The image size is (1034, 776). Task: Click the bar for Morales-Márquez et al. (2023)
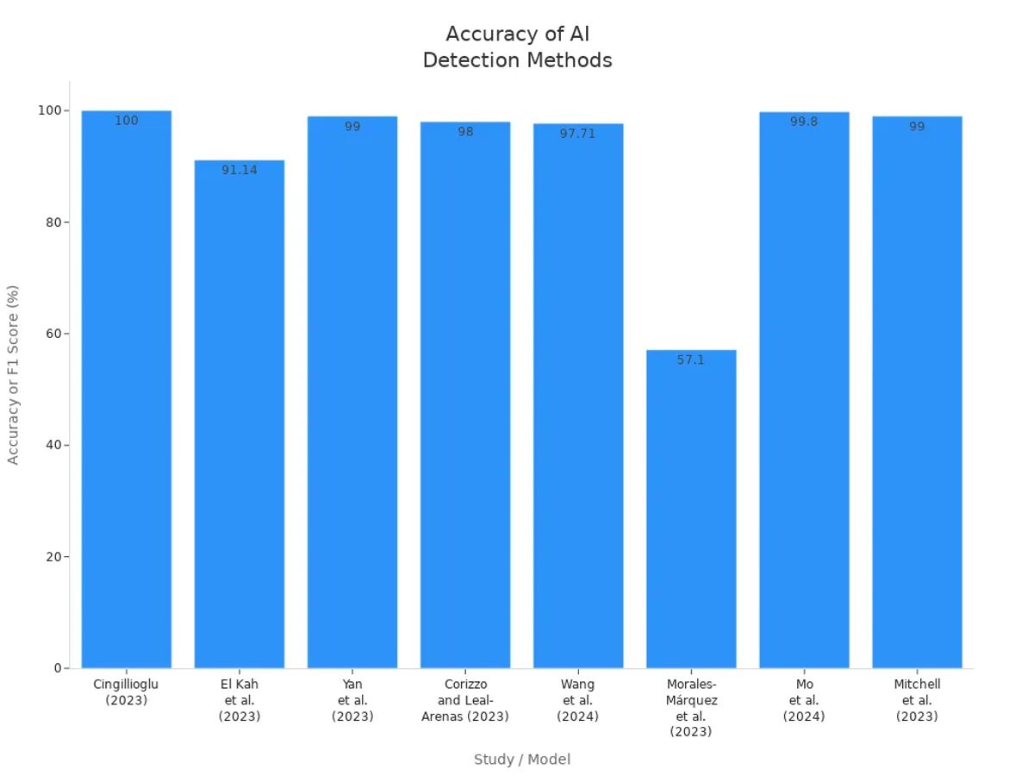pos(691,509)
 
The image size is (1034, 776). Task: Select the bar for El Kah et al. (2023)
pos(240,414)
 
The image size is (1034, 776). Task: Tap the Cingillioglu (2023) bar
pos(127,388)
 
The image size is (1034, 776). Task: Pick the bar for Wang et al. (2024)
pos(578,397)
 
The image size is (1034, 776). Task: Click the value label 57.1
pos(691,360)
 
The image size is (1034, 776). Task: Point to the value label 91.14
pos(240,170)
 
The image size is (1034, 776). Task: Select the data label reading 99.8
pos(804,122)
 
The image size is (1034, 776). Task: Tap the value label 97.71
pos(578,134)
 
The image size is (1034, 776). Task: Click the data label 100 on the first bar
pos(127,121)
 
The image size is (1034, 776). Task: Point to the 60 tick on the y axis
pos(51,334)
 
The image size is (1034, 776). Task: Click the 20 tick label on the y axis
pos(51,557)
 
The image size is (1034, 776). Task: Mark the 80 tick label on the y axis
pos(51,222)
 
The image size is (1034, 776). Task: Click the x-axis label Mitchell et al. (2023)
pos(917,700)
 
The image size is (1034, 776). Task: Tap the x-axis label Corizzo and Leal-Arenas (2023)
pos(465,700)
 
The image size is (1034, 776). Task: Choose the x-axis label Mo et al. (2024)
pos(804,700)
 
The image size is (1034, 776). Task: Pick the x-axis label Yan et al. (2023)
pos(352,700)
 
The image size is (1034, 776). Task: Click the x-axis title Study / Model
pos(522,760)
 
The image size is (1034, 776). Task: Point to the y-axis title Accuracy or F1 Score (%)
pos(13,375)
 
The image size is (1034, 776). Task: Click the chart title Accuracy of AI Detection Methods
pos(518,47)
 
